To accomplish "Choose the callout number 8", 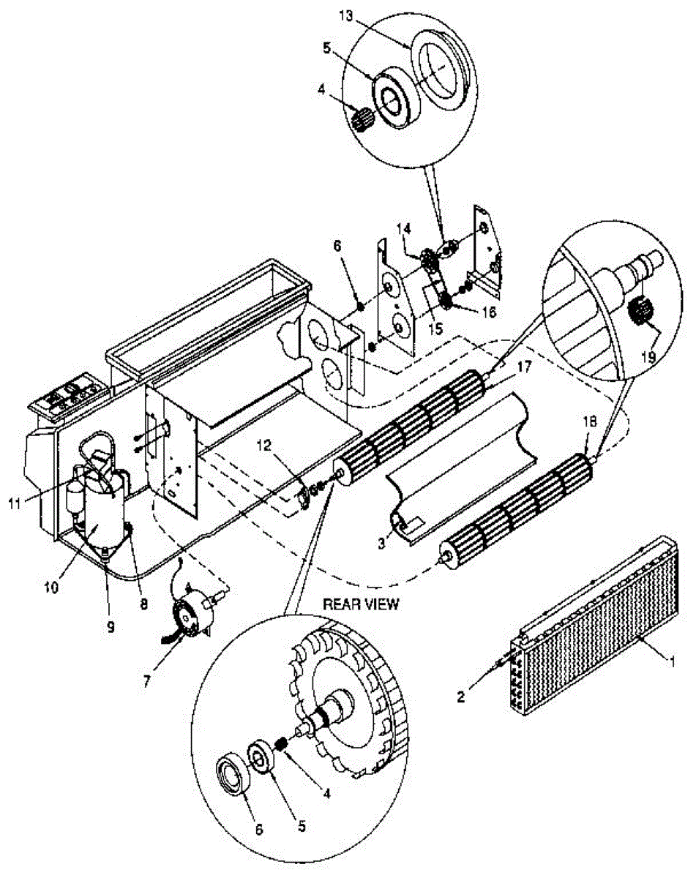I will pyautogui.click(x=143, y=605).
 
